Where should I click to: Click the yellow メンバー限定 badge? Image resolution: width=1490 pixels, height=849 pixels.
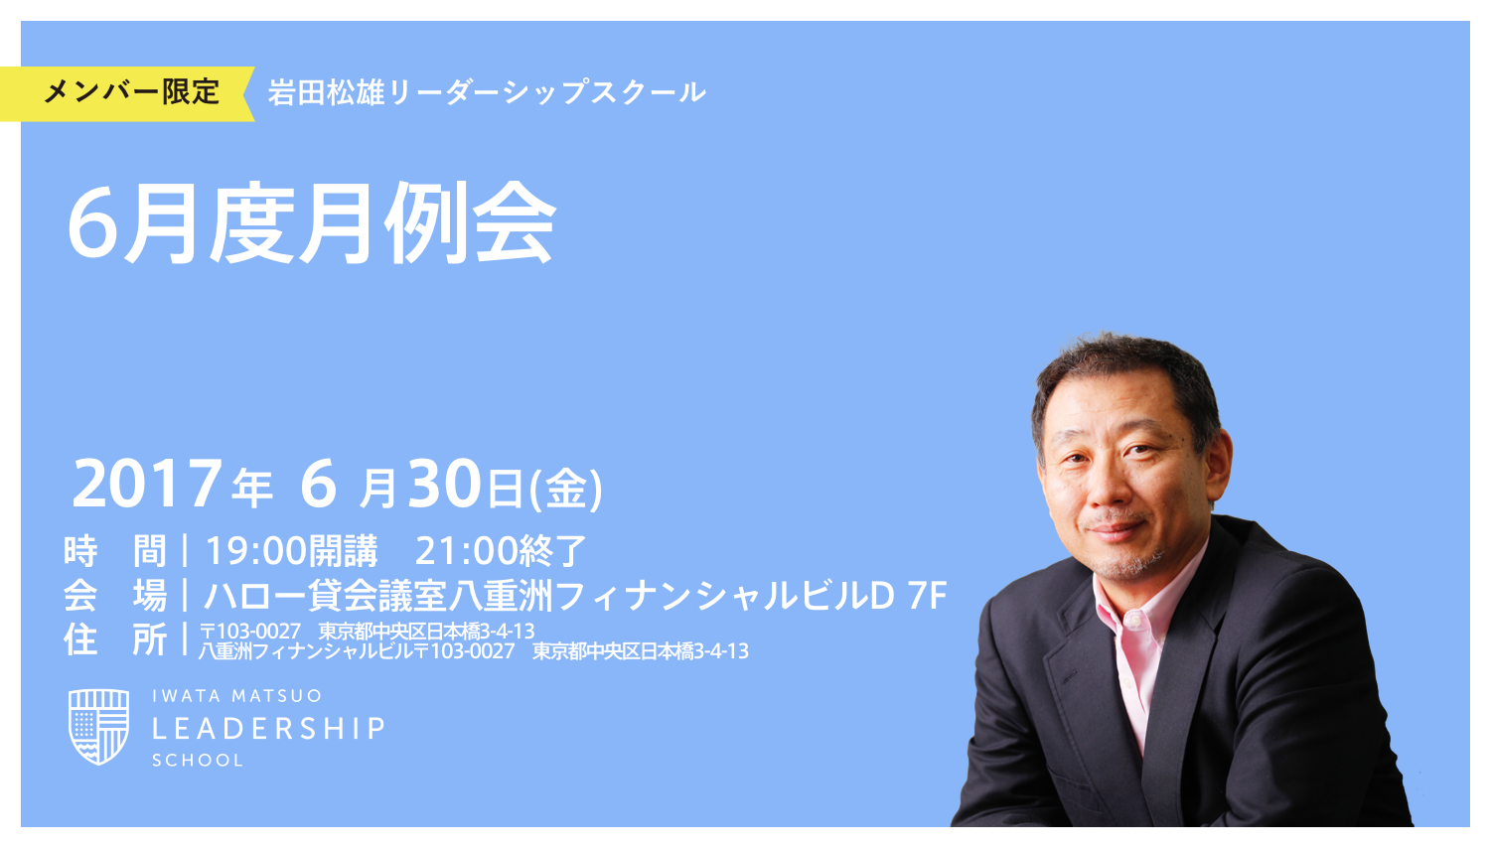[x=129, y=93]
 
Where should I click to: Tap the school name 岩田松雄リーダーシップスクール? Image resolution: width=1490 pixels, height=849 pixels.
[x=487, y=93]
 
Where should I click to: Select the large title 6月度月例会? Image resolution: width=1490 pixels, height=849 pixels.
[x=311, y=223]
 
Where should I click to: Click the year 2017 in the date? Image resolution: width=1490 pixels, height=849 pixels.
[x=147, y=485]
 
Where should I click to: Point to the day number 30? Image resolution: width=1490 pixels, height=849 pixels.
[x=445, y=485]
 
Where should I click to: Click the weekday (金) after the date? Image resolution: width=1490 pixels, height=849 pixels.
[x=566, y=489]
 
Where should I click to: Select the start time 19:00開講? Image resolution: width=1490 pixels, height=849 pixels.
[x=291, y=550]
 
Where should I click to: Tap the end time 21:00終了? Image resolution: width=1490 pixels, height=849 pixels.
[x=501, y=550]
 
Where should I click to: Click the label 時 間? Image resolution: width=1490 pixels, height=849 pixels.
[x=114, y=550]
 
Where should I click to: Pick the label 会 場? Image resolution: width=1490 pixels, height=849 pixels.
[x=114, y=596]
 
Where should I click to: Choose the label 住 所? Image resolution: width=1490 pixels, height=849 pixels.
[x=114, y=639]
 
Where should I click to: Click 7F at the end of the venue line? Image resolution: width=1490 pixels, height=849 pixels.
[x=927, y=596]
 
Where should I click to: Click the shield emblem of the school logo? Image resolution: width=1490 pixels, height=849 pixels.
[x=98, y=727]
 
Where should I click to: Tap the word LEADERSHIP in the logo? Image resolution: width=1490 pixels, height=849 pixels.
[x=268, y=729]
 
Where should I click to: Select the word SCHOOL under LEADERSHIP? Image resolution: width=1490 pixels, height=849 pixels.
[x=198, y=761]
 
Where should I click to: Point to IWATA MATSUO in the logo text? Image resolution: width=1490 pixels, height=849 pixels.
[x=236, y=696]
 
